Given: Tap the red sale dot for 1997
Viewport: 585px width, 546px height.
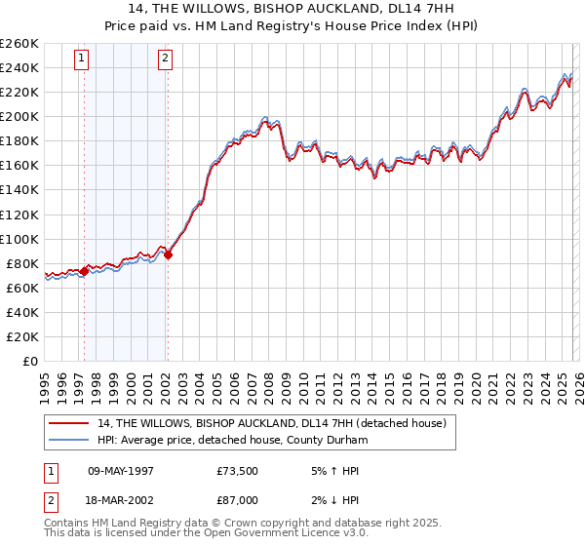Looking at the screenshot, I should point(84,271).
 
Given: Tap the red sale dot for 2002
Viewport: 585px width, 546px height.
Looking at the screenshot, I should point(168,254).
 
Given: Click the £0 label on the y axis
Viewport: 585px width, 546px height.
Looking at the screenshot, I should point(30,361).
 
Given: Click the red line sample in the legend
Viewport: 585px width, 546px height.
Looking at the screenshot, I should point(70,423).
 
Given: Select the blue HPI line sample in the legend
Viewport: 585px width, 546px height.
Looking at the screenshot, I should point(70,440).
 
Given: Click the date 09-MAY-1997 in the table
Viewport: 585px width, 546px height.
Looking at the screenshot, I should point(120,471).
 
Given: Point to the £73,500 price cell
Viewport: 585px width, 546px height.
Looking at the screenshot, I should point(238,471).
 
